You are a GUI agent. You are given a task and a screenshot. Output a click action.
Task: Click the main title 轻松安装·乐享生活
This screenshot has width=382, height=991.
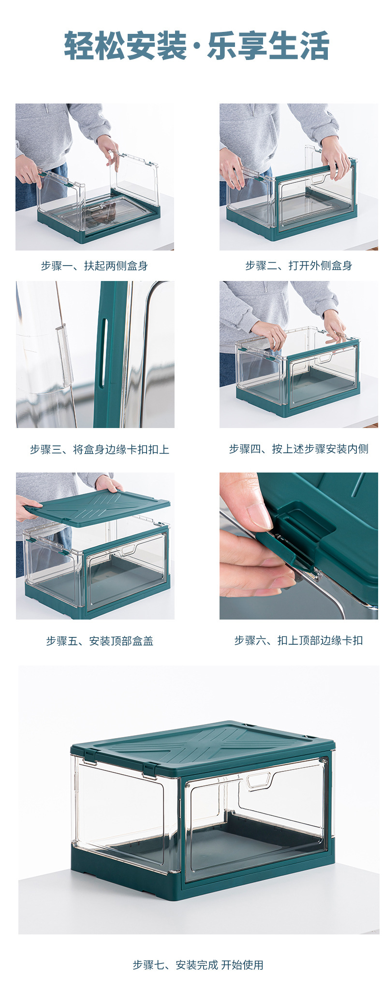196,46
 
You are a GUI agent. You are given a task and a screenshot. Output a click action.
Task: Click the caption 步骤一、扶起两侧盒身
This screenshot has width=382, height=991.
94,266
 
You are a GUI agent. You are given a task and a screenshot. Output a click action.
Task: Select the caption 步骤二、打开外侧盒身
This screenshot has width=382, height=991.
298,266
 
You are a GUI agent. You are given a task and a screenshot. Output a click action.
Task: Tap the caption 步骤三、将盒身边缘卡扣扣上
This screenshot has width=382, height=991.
100,449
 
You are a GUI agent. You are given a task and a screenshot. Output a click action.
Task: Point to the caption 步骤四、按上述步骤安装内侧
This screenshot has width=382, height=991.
298,449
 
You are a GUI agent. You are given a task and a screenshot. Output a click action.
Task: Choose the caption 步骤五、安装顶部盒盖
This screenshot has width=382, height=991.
100,641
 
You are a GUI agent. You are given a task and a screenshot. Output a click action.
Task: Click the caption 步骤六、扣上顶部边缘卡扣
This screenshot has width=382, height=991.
298,640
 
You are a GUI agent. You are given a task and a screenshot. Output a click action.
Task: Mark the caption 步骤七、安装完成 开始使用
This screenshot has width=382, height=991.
198,965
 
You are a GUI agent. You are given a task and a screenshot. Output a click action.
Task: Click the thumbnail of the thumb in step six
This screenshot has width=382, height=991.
260,515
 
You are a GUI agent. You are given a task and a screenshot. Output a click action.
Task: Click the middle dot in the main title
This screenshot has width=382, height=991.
196,47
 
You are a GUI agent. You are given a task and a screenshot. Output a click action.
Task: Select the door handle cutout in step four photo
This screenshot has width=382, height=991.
324,358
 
